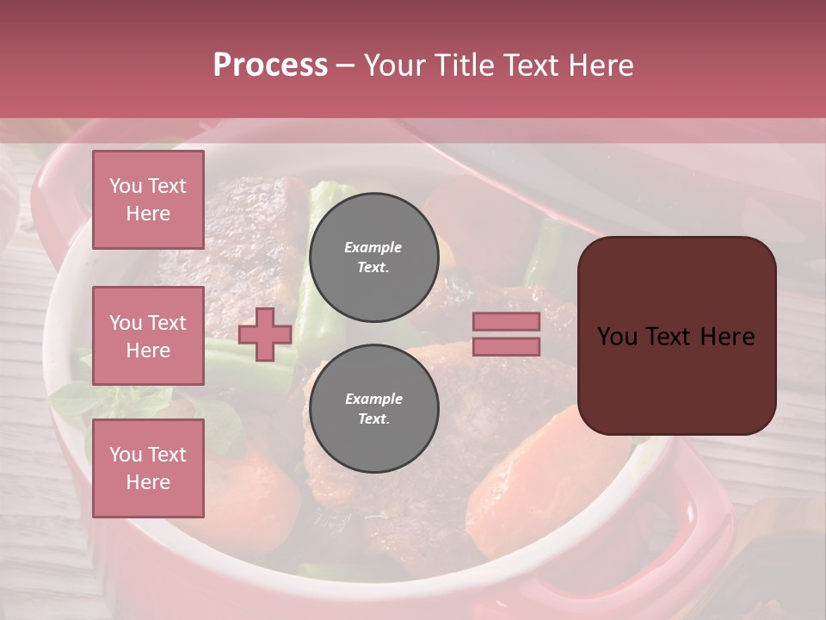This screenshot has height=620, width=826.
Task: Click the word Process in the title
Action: (x=270, y=65)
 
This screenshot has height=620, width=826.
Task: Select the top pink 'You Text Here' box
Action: (x=148, y=200)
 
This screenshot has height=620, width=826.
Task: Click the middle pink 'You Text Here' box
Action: (x=148, y=336)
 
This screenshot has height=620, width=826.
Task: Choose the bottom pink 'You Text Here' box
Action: (x=148, y=468)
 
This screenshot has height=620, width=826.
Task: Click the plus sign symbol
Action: (x=265, y=334)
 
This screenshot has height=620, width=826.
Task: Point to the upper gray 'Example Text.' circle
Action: (x=373, y=257)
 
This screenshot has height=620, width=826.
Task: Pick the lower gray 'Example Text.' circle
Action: (x=373, y=408)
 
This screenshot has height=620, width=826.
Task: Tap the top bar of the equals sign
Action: (x=506, y=322)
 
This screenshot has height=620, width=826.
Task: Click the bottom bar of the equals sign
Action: (x=506, y=347)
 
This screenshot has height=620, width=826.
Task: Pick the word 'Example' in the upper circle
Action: (x=373, y=247)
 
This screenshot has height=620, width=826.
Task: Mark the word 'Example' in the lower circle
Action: (x=373, y=399)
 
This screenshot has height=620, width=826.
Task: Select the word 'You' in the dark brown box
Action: (x=617, y=336)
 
